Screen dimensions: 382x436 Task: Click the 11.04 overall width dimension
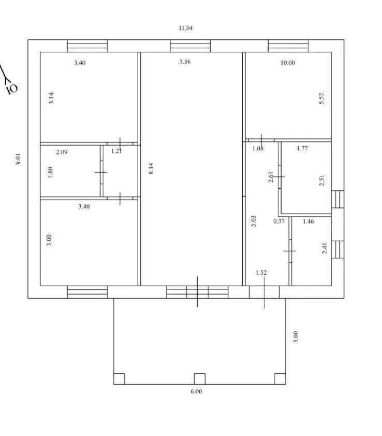coord(185,28)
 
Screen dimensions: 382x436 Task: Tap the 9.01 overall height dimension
coord(18,159)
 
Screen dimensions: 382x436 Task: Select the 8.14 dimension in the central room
coord(151,168)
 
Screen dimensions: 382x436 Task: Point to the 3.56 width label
coord(185,62)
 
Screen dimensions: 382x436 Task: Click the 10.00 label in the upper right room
coord(287,63)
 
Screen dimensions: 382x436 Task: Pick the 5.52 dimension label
coord(321,99)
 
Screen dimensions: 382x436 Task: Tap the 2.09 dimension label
coord(62,152)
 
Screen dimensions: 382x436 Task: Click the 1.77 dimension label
coord(302,148)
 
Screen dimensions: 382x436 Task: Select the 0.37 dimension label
coord(279,221)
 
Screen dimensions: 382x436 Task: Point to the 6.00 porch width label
coord(196,391)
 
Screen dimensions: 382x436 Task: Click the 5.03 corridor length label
coord(254,221)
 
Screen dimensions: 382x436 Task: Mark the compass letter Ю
coord(12,89)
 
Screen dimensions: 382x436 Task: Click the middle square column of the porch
coord(199,379)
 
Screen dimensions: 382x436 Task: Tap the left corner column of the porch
coord(119,379)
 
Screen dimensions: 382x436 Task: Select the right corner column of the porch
coord(280,379)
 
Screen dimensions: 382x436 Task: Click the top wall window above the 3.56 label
coord(190,46)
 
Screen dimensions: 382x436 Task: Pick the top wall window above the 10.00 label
coord(288,46)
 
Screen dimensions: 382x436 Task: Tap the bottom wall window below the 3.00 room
coord(87,292)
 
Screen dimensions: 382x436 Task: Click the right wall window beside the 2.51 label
coord(338,199)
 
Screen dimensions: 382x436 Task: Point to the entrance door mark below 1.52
coord(264,292)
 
